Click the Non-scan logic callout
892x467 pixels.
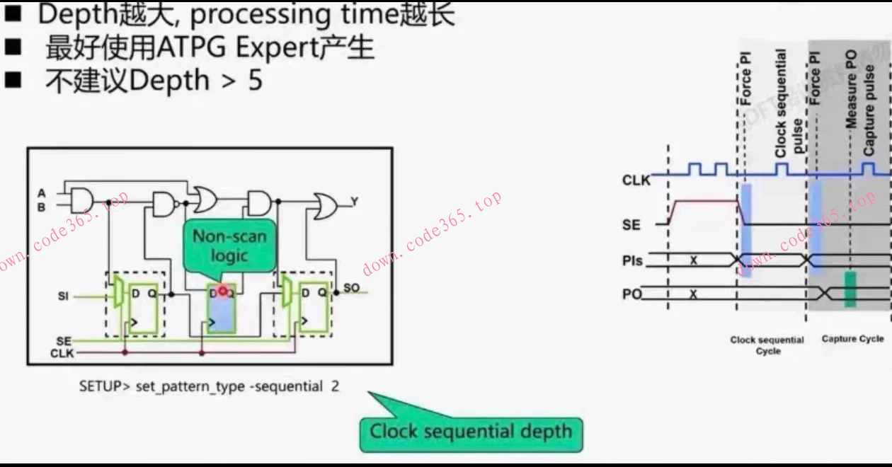point(229,246)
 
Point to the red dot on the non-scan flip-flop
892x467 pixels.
point(223,291)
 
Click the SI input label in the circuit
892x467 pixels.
point(63,296)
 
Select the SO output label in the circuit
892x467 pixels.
point(352,289)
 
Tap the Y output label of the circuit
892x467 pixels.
point(354,202)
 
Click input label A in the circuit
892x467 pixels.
point(42,192)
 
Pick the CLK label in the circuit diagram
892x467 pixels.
point(62,353)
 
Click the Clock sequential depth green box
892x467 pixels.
point(471,432)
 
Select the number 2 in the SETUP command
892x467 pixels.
point(335,387)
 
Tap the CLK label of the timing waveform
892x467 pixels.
point(636,180)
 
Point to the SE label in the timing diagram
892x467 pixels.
point(631,225)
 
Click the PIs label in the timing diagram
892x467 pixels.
point(632,261)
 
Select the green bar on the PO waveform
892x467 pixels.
point(850,289)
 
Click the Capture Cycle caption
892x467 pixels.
point(852,339)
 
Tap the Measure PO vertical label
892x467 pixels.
point(851,88)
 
